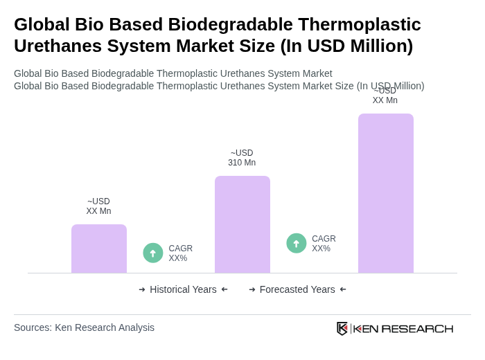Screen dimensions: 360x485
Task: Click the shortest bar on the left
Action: pos(99,249)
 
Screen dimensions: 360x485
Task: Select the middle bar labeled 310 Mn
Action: pos(242,224)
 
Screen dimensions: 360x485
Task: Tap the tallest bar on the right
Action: pos(386,193)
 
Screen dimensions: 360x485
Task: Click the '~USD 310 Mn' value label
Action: pos(242,158)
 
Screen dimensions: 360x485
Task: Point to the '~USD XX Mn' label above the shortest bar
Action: pos(98,206)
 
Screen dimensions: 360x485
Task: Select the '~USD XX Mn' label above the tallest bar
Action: pos(385,96)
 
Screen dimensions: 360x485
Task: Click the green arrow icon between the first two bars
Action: pos(153,253)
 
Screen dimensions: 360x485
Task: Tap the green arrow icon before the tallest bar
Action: pos(297,244)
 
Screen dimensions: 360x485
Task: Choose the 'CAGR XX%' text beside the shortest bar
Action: pos(180,253)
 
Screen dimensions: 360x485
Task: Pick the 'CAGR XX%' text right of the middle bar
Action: pos(324,244)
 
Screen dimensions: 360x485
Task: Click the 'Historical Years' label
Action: pos(183,289)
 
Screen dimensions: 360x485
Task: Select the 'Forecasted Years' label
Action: pos(297,289)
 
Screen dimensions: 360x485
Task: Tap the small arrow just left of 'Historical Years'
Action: pos(142,289)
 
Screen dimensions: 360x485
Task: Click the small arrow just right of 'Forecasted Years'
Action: pos(343,289)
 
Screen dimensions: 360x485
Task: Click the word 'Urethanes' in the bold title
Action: pos(56,46)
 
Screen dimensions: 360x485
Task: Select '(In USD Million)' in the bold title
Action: pos(346,46)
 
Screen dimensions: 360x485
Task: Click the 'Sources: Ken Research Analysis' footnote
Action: pos(84,327)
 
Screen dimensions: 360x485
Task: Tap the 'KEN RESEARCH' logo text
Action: pos(403,329)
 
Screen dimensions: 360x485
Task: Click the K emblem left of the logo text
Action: pos(342,328)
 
